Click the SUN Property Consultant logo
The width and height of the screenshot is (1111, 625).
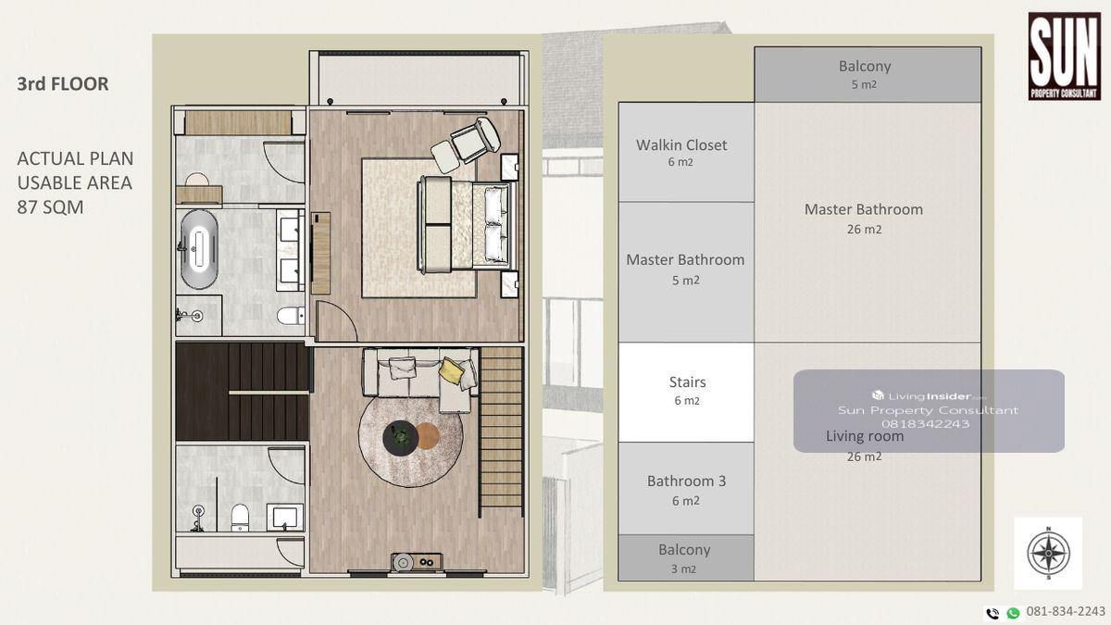(x=1065, y=56)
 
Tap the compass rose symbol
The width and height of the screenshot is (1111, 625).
(x=1048, y=553)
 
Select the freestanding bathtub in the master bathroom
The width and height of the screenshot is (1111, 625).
(x=199, y=249)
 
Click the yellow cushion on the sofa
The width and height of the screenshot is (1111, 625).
(x=449, y=369)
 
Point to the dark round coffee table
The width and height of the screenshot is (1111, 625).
(x=401, y=437)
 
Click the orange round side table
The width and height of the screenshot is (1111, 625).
(x=428, y=436)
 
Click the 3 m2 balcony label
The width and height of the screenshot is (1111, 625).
(x=684, y=558)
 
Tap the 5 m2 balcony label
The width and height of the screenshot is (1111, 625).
(x=865, y=74)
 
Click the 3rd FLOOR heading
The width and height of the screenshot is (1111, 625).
(x=63, y=84)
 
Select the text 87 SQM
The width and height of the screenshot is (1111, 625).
(x=50, y=206)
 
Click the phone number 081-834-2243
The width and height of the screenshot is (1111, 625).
(x=1066, y=612)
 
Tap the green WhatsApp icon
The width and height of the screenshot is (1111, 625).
(x=1013, y=614)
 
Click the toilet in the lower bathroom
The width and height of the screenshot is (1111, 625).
(x=240, y=518)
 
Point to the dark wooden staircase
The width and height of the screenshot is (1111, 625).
(x=243, y=391)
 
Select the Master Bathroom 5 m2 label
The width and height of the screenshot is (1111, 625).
(x=685, y=269)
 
